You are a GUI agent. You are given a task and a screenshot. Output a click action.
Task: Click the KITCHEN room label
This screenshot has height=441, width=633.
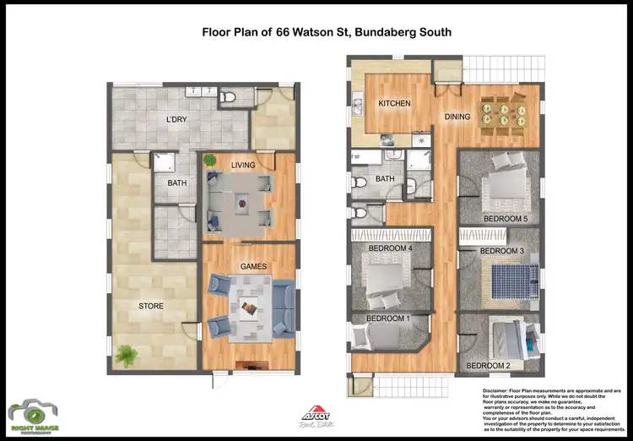(394, 104)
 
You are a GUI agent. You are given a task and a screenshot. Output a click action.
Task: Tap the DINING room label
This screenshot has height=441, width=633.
(458, 118)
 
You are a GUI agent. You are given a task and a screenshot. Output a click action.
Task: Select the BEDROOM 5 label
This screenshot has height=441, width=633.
(506, 218)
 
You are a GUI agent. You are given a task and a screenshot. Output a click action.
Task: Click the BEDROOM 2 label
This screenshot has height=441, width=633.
(489, 365)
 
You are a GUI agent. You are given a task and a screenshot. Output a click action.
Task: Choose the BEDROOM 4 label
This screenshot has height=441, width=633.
(389, 248)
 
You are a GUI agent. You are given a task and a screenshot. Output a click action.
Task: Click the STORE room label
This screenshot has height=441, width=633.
(151, 305)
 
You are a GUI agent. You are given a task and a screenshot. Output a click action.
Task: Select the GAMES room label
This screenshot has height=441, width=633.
(253, 267)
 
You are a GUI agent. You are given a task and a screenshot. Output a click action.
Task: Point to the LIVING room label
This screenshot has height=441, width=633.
(245, 166)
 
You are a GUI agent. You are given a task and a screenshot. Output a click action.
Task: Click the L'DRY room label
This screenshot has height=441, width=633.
(176, 119)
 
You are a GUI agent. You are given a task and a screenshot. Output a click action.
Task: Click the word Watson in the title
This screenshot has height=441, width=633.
(316, 32)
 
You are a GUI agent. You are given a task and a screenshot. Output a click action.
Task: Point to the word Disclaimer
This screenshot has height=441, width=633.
(497, 391)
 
